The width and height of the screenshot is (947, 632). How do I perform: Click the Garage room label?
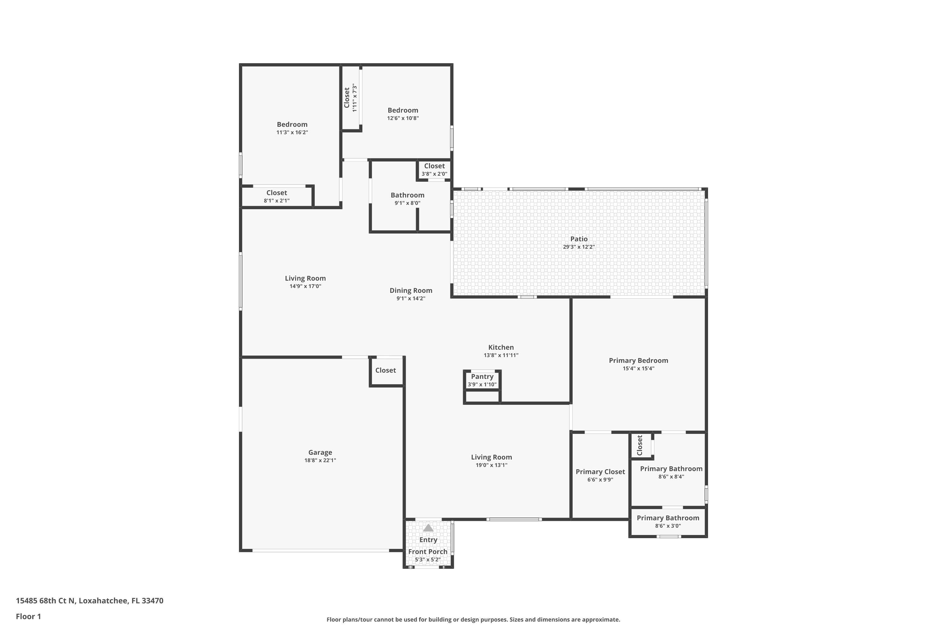(320, 452)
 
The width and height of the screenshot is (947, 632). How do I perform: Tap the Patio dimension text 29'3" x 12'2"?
(579, 247)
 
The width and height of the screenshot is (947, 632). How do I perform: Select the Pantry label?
(482, 376)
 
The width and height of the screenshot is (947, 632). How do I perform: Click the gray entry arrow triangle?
(428, 528)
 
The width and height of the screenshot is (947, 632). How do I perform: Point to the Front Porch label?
(428, 551)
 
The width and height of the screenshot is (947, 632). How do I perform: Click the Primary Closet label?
(600, 471)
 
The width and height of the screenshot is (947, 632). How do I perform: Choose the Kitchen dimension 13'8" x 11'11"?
(501, 355)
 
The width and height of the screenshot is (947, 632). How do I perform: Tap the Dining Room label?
(411, 290)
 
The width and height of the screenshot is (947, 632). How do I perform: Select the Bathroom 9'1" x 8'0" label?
(408, 195)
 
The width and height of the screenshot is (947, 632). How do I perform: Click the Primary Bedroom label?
(638, 360)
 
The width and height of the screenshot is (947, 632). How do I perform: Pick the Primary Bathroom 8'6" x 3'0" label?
(668, 518)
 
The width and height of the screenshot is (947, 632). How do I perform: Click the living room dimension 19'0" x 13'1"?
(491, 465)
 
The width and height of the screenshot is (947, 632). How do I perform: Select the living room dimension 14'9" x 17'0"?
(305, 286)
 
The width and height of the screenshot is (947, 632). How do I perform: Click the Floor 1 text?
(28, 616)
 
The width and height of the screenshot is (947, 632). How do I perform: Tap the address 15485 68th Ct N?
(45, 601)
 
